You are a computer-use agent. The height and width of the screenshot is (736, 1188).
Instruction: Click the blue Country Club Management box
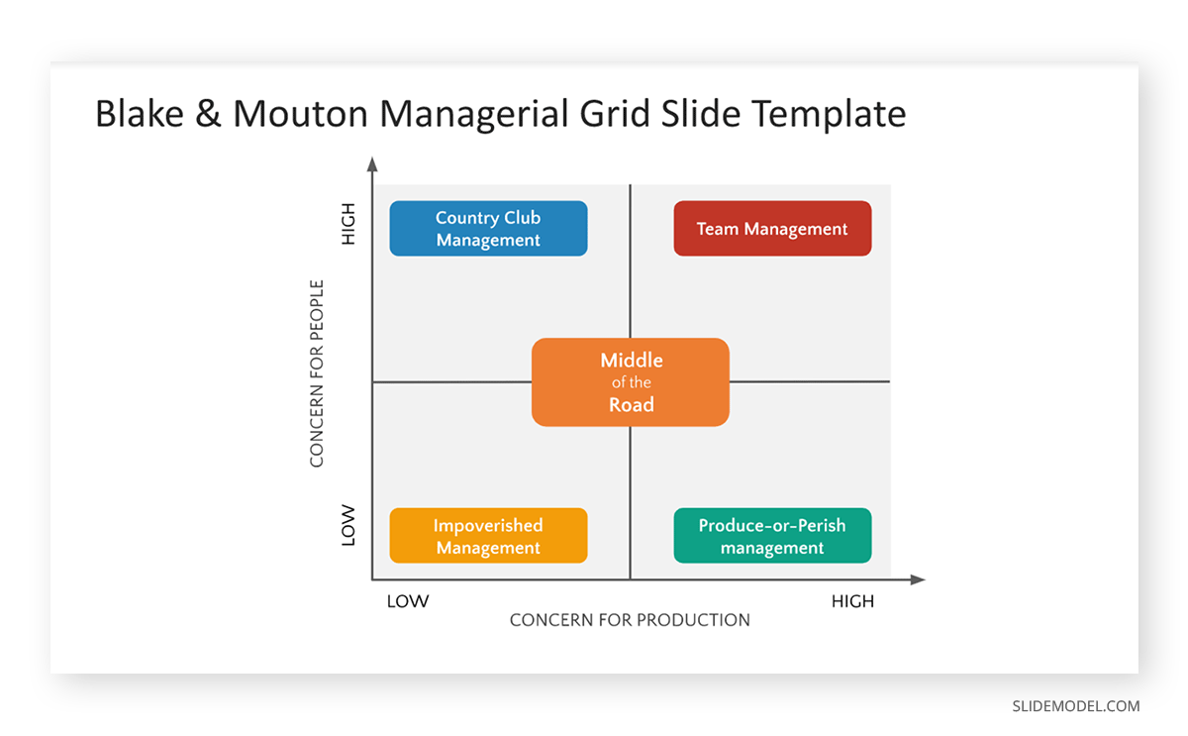click(x=488, y=229)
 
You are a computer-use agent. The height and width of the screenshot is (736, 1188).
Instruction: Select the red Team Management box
click(x=772, y=229)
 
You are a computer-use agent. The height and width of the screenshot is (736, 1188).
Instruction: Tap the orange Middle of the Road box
click(x=631, y=382)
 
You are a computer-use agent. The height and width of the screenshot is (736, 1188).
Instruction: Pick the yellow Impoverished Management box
click(x=488, y=536)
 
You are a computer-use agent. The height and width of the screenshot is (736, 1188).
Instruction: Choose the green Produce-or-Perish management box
click(x=772, y=536)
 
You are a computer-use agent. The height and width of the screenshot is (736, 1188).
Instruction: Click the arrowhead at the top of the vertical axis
click(x=372, y=164)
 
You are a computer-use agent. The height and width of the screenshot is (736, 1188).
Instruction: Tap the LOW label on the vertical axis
click(x=347, y=525)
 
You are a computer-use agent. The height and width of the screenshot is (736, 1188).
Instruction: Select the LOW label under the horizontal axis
click(x=407, y=601)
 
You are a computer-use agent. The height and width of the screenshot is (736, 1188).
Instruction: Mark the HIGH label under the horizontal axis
click(x=852, y=601)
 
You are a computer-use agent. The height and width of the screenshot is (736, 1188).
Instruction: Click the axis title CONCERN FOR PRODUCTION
click(x=630, y=620)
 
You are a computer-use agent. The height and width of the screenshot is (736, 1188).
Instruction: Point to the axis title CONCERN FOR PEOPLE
click(x=317, y=373)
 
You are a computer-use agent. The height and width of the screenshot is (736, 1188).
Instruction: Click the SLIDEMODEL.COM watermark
click(x=1075, y=706)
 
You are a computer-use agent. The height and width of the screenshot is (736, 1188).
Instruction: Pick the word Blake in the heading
click(x=139, y=114)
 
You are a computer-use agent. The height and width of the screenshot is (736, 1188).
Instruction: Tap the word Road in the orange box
click(x=631, y=404)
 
